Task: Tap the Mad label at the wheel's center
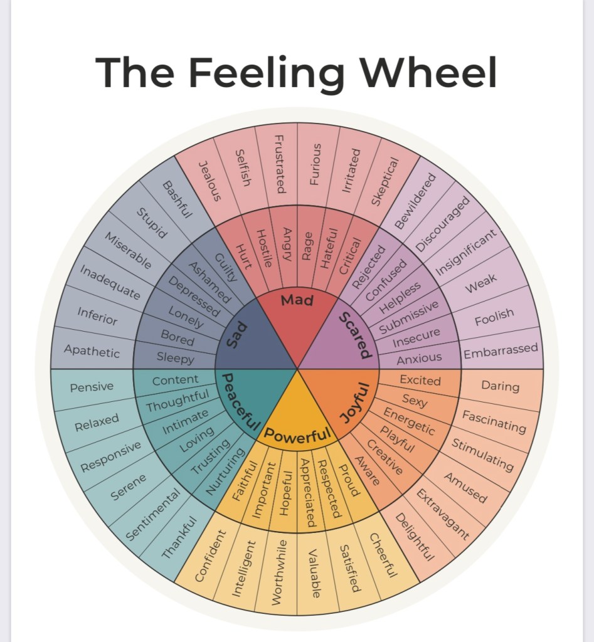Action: [297, 300]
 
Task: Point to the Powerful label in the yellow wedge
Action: [297, 434]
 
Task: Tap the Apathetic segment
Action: [92, 351]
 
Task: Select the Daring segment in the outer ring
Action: [500, 386]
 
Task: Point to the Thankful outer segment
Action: [180, 536]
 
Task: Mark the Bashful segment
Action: [176, 199]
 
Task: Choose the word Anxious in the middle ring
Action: [419, 359]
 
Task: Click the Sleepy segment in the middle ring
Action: [175, 359]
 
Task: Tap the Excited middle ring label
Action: [420, 380]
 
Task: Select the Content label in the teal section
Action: [175, 380]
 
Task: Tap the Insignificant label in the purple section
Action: [466, 251]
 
